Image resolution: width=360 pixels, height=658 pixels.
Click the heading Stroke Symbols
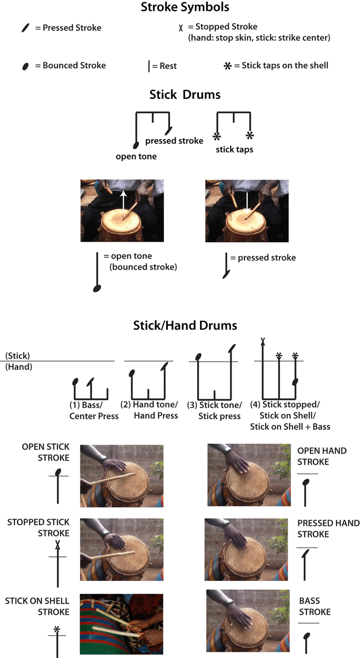[185, 8]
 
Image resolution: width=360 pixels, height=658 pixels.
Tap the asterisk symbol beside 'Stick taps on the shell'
[227, 66]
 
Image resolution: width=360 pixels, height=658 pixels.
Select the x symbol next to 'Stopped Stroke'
[181, 27]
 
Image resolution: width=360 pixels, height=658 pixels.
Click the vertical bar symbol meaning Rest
[149, 66]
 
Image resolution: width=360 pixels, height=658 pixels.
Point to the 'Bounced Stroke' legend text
[74, 66]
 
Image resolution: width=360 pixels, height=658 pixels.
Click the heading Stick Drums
[185, 94]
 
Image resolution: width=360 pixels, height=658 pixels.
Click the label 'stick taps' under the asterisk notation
[233, 149]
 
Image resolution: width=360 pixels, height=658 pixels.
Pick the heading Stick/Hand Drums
[185, 325]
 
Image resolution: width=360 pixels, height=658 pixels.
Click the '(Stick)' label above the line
[18, 355]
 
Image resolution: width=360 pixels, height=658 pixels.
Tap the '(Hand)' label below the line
[18, 367]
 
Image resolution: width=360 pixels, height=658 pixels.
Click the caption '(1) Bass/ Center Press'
[93, 410]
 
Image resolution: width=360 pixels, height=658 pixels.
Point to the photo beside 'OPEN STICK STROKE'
[122, 475]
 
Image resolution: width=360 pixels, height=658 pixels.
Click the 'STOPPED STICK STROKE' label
[38, 528]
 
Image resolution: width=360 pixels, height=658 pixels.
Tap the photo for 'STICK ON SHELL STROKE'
[122, 614]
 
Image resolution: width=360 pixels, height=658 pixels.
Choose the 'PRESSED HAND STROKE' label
[328, 529]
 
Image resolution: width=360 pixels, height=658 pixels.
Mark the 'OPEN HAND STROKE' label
[322, 456]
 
